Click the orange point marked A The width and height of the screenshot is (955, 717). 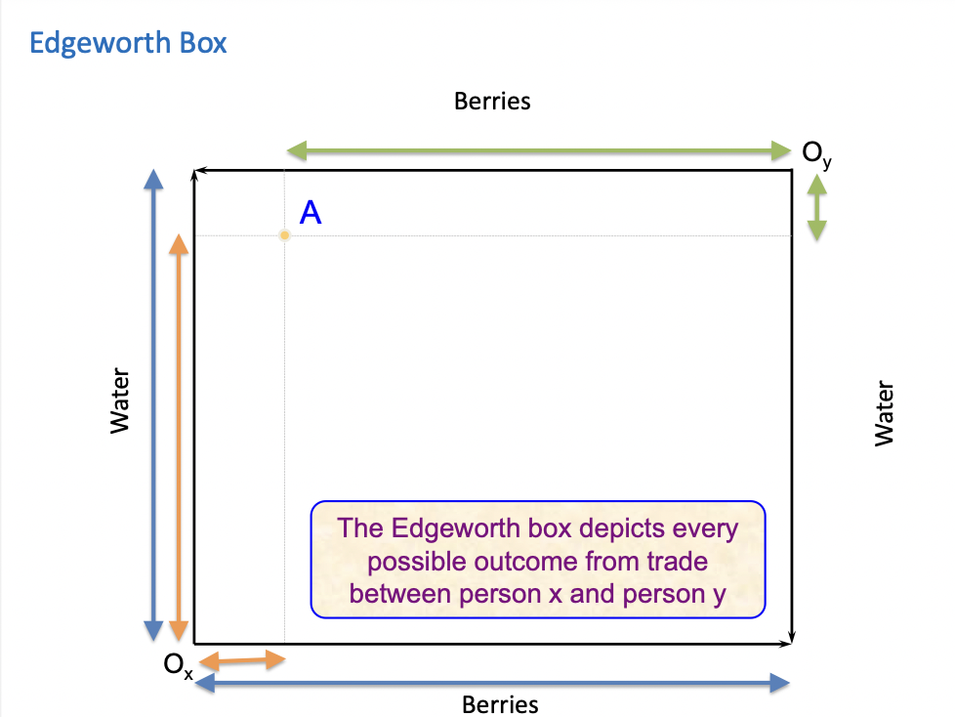pyautogui.click(x=284, y=235)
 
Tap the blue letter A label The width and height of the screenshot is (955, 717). pyautogui.click(x=311, y=213)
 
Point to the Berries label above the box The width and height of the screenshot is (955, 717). pyautogui.click(x=492, y=101)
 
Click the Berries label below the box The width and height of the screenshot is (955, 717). pyautogui.click(x=500, y=704)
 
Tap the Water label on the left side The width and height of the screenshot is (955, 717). pyautogui.click(x=120, y=401)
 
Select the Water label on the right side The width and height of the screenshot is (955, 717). pyautogui.click(x=885, y=413)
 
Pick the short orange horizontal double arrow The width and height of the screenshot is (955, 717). pyautogui.click(x=243, y=661)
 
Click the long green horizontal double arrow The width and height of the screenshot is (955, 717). pyautogui.click(x=539, y=150)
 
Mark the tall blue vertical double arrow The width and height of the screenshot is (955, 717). pyautogui.click(x=152, y=404)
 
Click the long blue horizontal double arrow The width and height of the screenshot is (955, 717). pyautogui.click(x=492, y=683)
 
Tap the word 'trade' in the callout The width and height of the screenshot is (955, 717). pyautogui.click(x=675, y=562)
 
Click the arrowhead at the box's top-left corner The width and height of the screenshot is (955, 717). pyautogui.click(x=197, y=173)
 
